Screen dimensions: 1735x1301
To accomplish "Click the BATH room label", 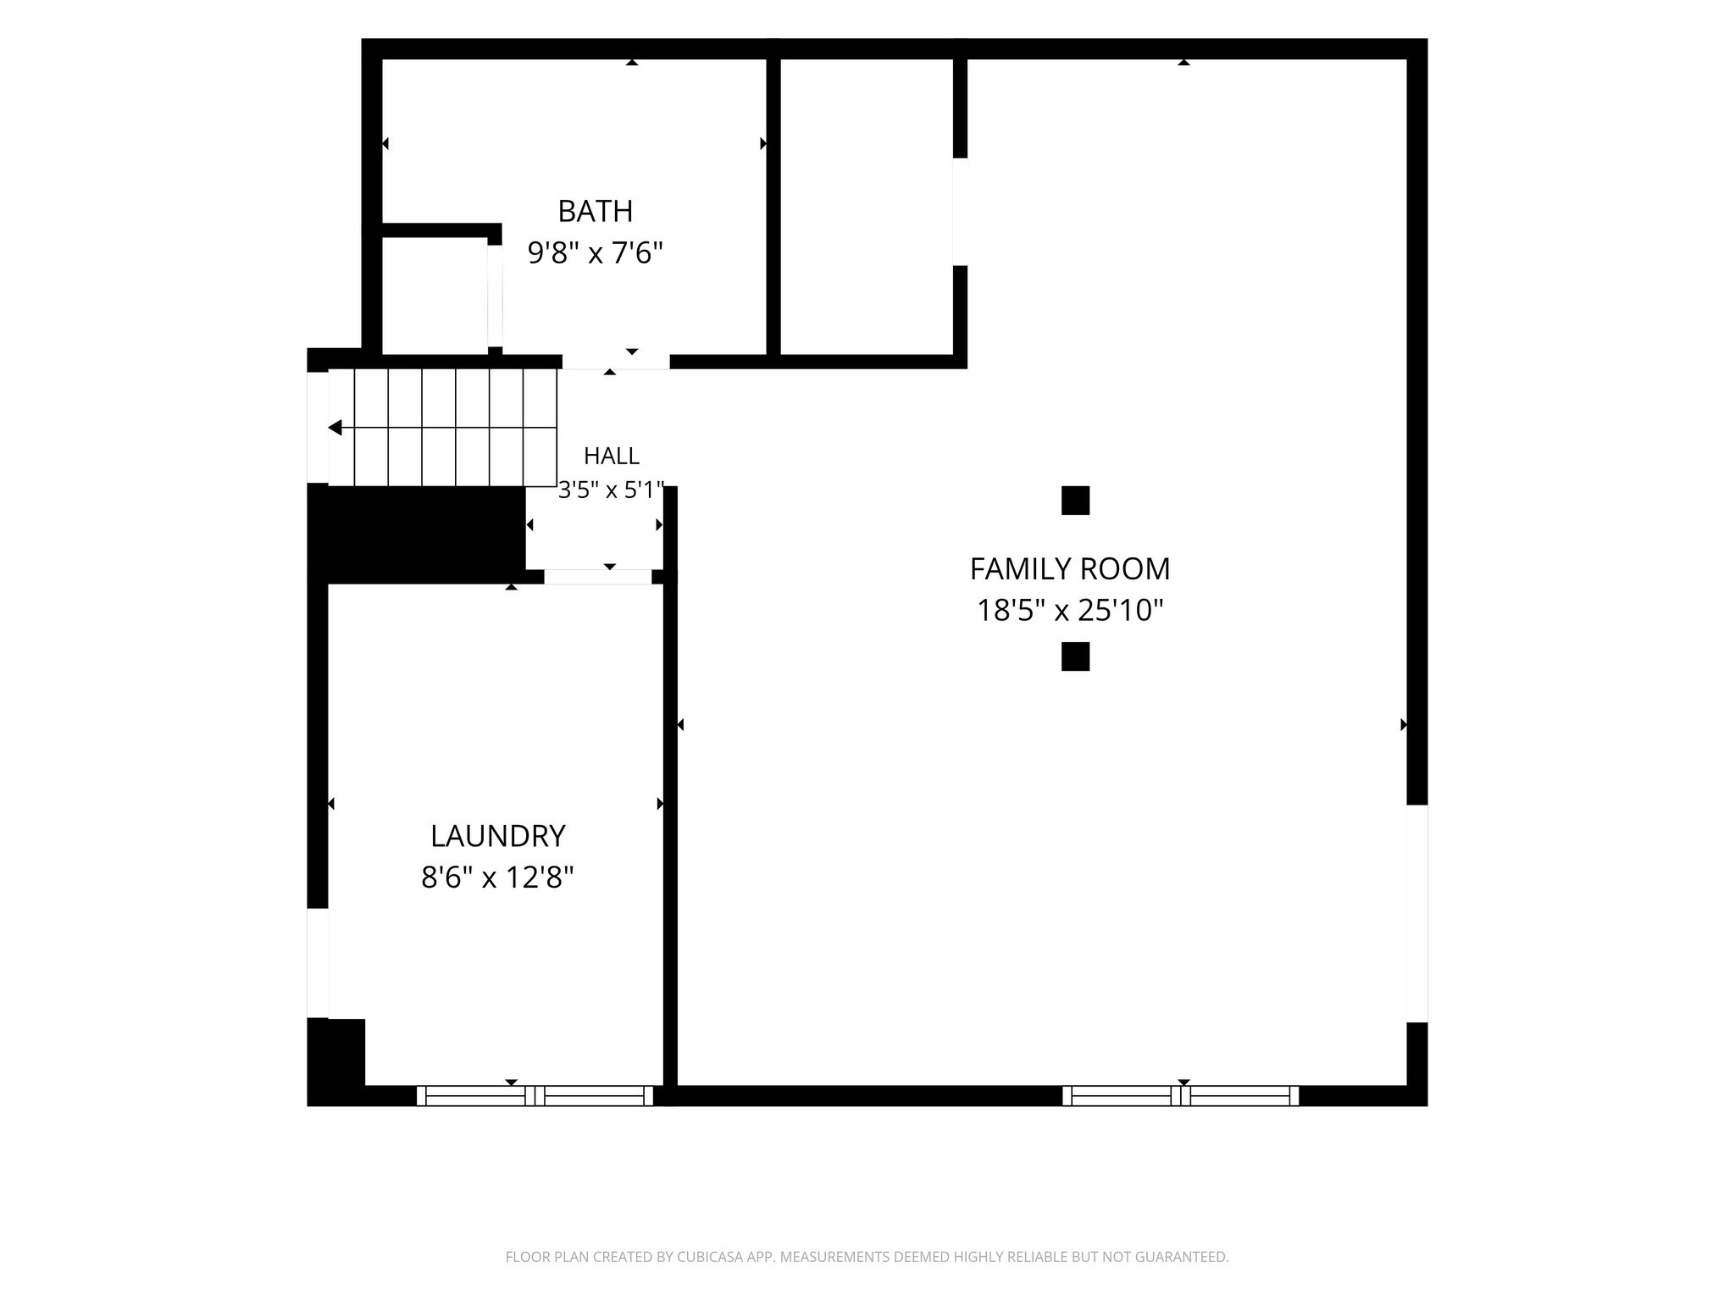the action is pos(595,210).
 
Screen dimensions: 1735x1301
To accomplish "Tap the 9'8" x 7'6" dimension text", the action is pos(595,252).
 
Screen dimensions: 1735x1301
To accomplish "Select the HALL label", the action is pos(611,457).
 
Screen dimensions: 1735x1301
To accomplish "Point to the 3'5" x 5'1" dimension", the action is pos(611,490).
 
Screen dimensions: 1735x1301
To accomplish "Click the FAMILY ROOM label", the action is pos(1070,568).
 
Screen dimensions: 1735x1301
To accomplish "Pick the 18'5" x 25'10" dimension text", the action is pos(1070,610).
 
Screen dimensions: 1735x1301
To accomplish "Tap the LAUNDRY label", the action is pos(497,836).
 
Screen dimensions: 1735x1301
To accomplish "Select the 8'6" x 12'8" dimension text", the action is pos(497,877).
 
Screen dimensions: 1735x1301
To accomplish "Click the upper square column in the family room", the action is pos(1075,501).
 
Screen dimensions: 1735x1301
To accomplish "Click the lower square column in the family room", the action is pos(1075,656).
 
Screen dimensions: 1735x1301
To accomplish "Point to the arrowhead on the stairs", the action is pos(335,428).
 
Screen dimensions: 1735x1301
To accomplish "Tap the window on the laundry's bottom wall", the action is pos(535,1096).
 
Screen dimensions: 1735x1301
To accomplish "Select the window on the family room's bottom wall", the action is pos(1181,1096).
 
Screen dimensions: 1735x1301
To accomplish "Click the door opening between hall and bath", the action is pos(616,362).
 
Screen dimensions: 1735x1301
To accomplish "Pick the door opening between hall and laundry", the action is pos(598,577).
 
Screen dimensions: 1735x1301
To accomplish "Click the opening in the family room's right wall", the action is pos(1417,913).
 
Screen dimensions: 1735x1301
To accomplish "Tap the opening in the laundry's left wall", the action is pos(318,963).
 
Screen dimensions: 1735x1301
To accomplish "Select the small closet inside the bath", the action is pos(435,296).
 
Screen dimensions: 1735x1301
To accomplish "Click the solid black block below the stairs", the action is pos(416,534).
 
